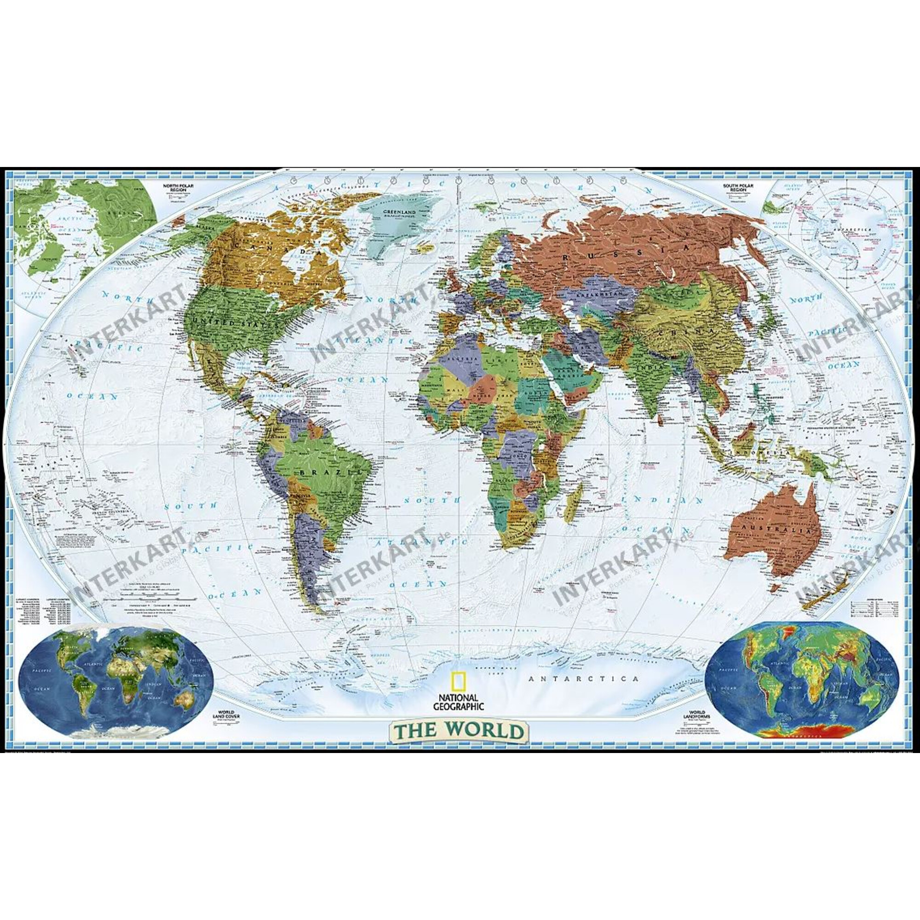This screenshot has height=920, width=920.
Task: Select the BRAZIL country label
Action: (330, 472)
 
